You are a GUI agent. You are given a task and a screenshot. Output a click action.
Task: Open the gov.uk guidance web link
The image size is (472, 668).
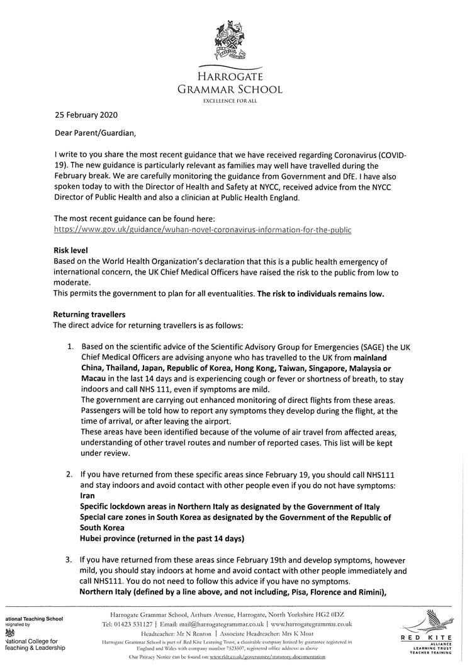(x=203, y=230)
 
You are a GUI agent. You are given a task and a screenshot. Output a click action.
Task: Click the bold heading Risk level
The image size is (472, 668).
(x=70, y=250)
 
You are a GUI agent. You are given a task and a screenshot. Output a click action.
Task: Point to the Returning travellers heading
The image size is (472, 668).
(x=89, y=314)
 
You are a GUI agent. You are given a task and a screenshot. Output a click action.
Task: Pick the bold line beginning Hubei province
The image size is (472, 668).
(x=162, y=538)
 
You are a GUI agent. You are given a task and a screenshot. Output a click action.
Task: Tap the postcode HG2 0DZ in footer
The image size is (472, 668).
(x=335, y=614)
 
